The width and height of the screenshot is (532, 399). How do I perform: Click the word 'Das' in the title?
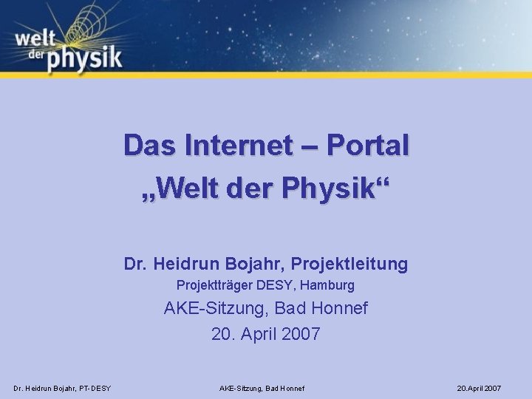coord(152,145)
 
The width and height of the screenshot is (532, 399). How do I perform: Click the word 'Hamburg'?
coord(329,284)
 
